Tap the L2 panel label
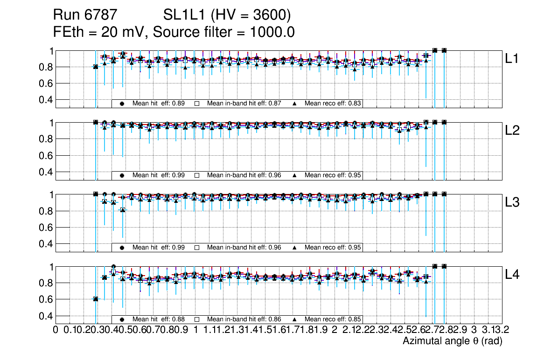[512, 131]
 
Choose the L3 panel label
[512, 202]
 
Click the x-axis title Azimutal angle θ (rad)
[452, 341]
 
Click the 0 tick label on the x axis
[56, 330]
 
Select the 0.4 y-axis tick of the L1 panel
[46, 100]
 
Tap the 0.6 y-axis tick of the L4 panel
[46, 299]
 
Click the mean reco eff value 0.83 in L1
[356, 104]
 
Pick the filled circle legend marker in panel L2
[122, 176]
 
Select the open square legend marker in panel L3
[197, 248]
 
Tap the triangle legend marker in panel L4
[295, 319]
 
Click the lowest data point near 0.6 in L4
[96, 299]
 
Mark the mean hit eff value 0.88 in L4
[179, 319]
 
